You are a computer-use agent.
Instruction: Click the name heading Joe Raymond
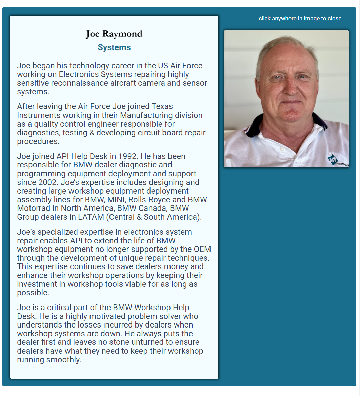click(x=114, y=34)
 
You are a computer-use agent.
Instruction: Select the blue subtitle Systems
click(x=114, y=47)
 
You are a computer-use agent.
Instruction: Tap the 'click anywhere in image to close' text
click(x=300, y=18)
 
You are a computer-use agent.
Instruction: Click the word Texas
click(x=162, y=106)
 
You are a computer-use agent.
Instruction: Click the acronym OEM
click(x=202, y=250)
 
